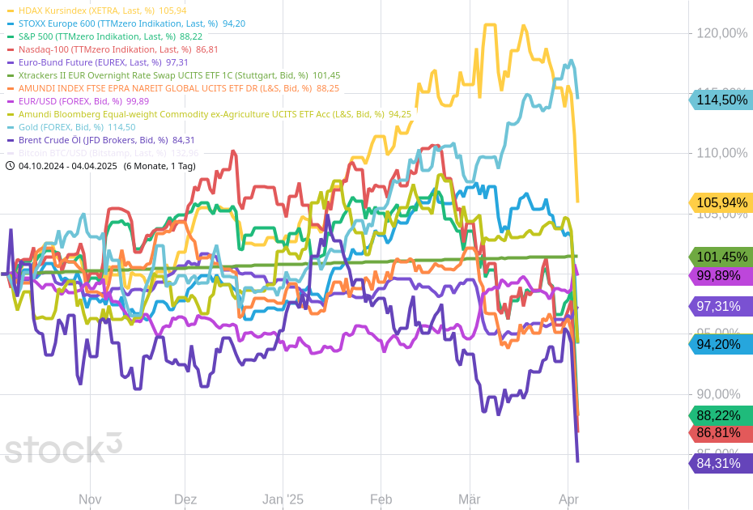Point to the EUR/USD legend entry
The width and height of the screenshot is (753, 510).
[x=69, y=101]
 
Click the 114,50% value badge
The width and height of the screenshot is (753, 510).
[x=721, y=100]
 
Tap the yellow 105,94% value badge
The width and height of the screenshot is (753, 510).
[x=721, y=202]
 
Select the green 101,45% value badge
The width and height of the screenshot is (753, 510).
[x=721, y=257]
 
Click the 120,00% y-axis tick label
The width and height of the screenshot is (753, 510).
[x=721, y=33]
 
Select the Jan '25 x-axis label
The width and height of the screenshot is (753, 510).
[x=283, y=499]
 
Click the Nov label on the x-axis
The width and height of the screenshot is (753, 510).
[x=90, y=499]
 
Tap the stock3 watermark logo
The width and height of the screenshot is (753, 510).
[x=63, y=448]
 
